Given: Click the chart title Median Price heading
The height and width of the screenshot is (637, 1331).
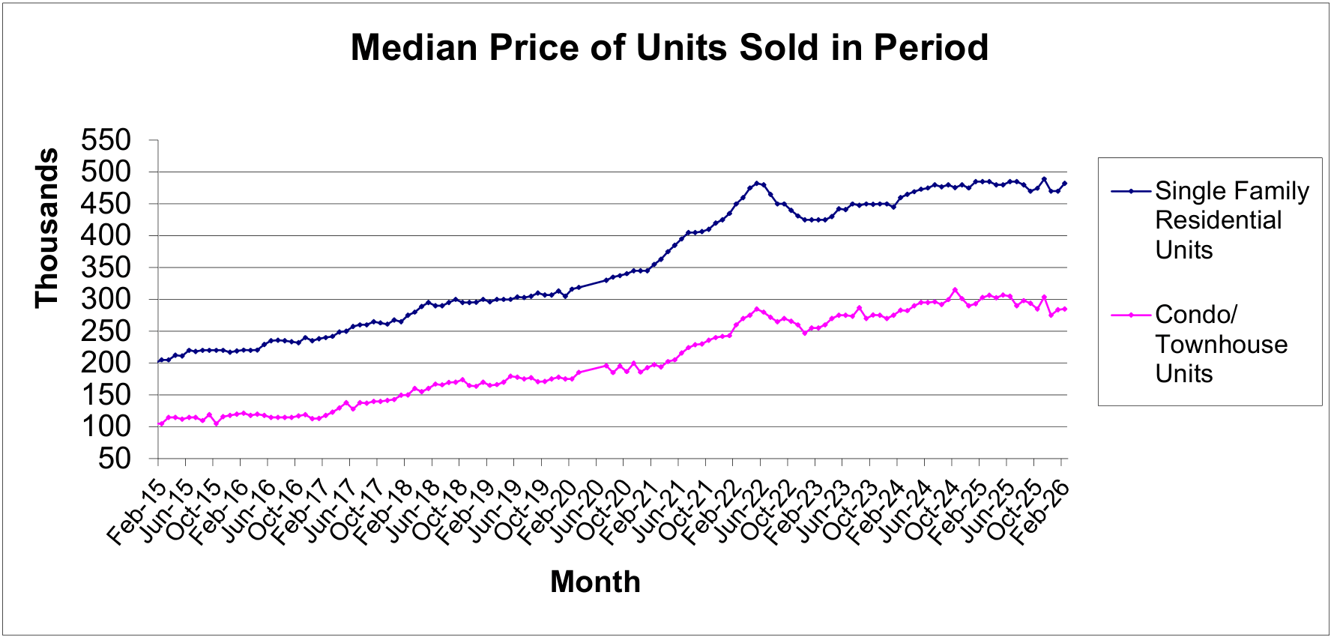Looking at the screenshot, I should pyautogui.click(x=669, y=48).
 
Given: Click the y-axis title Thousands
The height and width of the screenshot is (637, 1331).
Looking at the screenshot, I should pyautogui.click(x=47, y=228).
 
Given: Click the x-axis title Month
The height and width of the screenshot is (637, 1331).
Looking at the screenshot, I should pyautogui.click(x=595, y=582).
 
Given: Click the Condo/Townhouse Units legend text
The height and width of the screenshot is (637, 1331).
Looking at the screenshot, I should pyautogui.click(x=1221, y=344).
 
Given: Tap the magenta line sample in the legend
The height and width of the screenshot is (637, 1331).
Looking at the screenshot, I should pyautogui.click(x=1130, y=315).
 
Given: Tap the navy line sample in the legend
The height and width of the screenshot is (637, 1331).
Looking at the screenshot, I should pyautogui.click(x=1130, y=191).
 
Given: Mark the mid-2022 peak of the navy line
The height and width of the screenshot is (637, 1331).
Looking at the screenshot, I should pyautogui.click(x=757, y=183).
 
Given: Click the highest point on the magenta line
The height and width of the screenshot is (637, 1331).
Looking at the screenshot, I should pyautogui.click(x=955, y=290).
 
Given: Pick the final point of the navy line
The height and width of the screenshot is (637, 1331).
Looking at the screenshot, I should pyautogui.click(x=1064, y=184).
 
